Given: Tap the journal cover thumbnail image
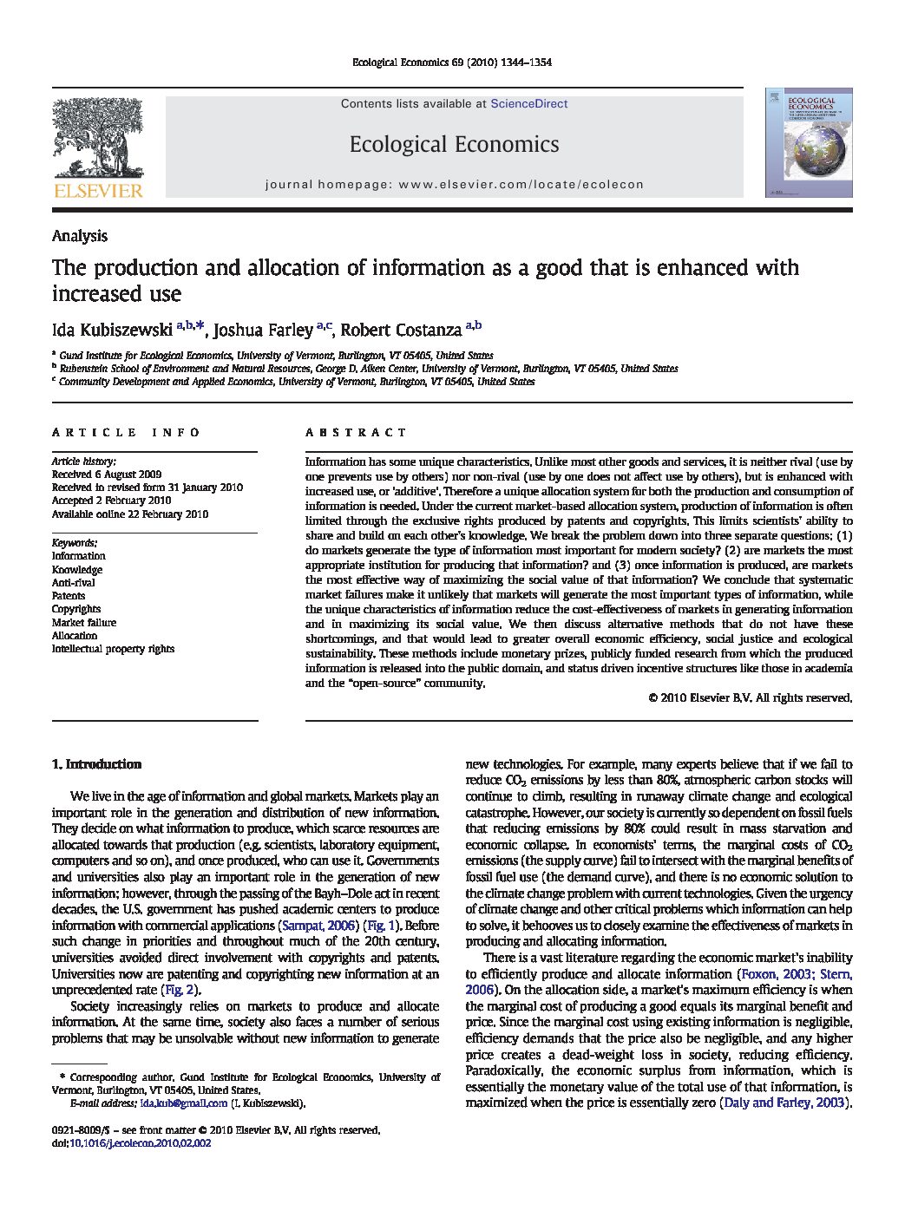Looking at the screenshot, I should point(808,142).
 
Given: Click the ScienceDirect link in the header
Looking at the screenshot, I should point(528,104).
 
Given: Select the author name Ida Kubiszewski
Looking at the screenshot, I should point(112,330).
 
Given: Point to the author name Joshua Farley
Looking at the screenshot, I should point(263,330).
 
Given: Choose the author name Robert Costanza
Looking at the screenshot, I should point(401,330).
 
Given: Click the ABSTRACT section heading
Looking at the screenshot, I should point(356,432).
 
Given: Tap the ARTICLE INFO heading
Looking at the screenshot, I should point(126,432).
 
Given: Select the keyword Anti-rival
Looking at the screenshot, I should point(74,583).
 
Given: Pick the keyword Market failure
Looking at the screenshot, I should point(83,622).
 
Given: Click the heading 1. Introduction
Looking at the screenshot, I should point(96,764).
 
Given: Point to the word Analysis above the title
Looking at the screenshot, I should point(80,236).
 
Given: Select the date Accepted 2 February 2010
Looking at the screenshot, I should point(111,501).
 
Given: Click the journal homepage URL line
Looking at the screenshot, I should point(454,185).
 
